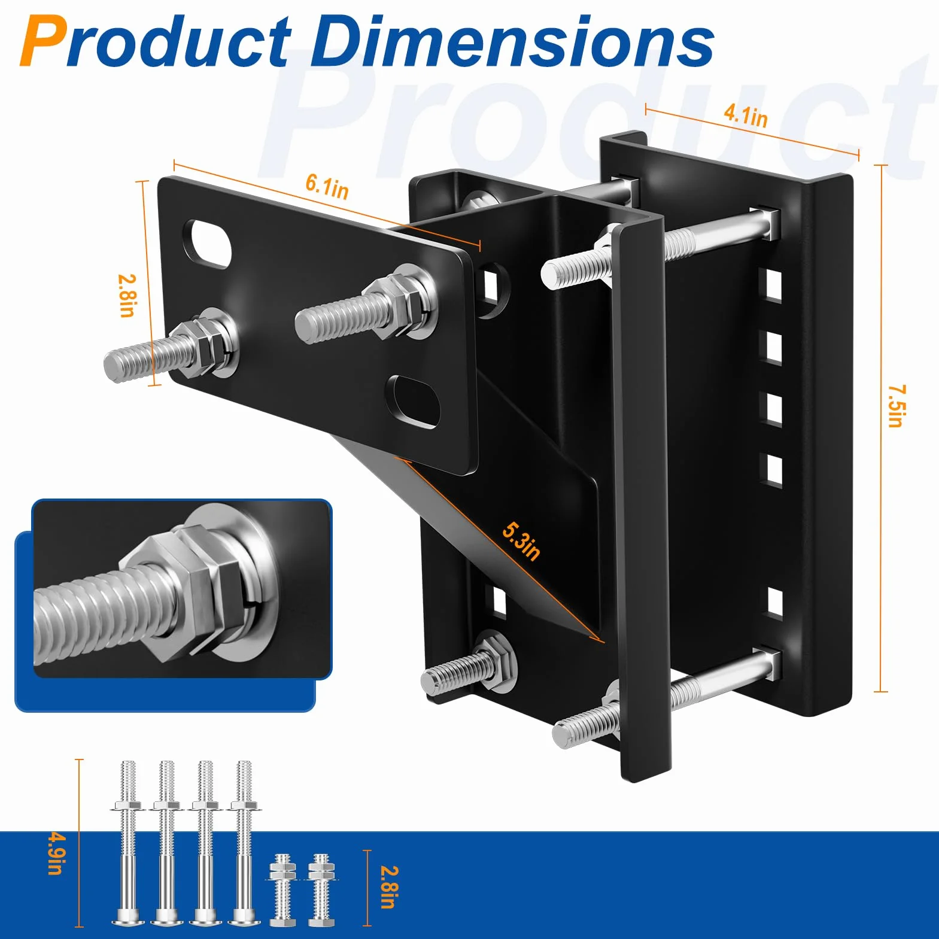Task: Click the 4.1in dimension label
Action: pos(745,115)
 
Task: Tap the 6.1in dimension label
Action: pos(327,186)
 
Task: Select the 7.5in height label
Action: pos(897,406)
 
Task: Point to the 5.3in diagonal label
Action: pos(521,542)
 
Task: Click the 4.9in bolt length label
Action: pos(55,853)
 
